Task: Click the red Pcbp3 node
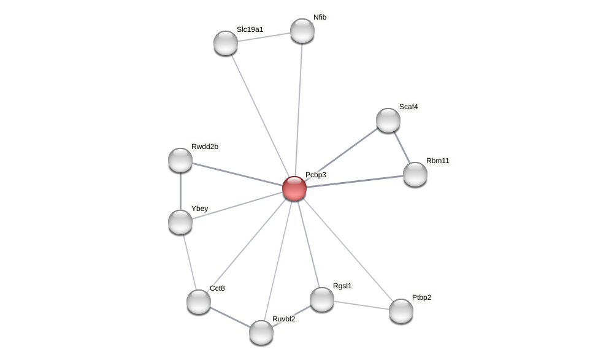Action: [x=294, y=188]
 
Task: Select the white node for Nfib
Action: [x=302, y=31]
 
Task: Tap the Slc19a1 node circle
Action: [x=226, y=43]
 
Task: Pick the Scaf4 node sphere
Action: [x=388, y=120]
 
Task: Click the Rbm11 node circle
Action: [x=415, y=174]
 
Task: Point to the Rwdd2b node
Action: [x=180, y=160]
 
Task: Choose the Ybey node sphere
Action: [x=180, y=222]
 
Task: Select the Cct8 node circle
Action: [x=199, y=302]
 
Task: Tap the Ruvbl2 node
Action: [x=261, y=332]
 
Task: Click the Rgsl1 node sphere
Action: [x=322, y=299]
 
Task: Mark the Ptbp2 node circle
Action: [x=401, y=311]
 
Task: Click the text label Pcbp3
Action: [x=316, y=175]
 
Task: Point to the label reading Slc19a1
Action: [x=250, y=29]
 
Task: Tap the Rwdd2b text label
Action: [x=204, y=147]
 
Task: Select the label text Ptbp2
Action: [x=421, y=298]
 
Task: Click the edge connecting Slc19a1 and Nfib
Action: [x=264, y=37]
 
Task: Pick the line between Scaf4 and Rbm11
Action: [x=402, y=147]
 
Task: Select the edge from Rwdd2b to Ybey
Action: [x=180, y=191]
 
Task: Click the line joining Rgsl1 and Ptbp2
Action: [x=361, y=305]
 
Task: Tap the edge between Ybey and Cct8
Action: [x=190, y=262]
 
